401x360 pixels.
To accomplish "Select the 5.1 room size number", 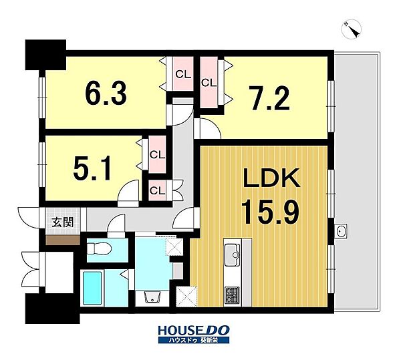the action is click(x=92, y=168).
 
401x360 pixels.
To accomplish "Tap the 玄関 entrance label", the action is click(x=63, y=222).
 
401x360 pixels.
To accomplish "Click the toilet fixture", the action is click(x=100, y=249).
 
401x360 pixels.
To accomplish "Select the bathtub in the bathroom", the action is click(x=92, y=288).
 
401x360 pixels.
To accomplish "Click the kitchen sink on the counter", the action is click(x=232, y=254).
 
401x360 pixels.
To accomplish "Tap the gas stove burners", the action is click(x=232, y=295).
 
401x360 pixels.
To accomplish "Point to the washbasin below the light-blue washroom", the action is click(x=152, y=297).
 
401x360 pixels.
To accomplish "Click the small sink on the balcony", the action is click(x=341, y=232).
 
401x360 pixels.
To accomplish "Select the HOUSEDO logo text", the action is click(x=194, y=331).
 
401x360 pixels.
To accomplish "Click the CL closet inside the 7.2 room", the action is click(x=209, y=83).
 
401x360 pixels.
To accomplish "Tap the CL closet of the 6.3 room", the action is click(x=183, y=74).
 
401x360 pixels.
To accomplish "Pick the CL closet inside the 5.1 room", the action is click(x=157, y=154).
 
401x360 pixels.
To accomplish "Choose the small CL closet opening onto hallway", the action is click(x=157, y=190).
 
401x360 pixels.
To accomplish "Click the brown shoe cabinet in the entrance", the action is click(x=63, y=240).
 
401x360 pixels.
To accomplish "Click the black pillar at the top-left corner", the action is click(x=45, y=55).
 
